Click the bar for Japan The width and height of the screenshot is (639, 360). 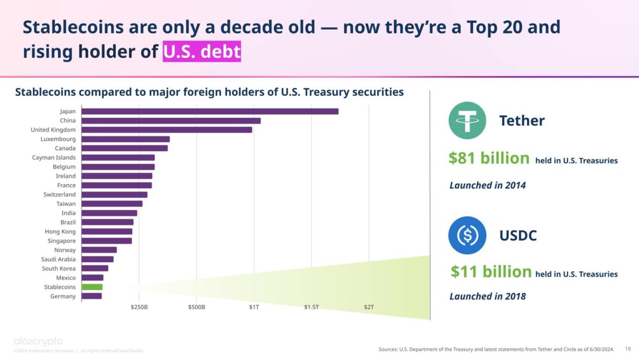[210, 112]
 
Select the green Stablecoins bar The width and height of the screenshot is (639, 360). [92, 287]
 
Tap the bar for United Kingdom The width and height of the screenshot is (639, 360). [167, 130]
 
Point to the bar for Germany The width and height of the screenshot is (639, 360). [92, 296]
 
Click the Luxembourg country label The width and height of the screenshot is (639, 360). [58, 139]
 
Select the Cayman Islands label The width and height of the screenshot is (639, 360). [54, 158]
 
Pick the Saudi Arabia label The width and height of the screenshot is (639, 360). [58, 260]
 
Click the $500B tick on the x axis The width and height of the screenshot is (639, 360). [197, 307]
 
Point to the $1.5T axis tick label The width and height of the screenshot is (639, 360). [311, 307]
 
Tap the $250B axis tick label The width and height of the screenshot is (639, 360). [139, 307]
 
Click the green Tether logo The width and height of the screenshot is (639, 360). [467, 120]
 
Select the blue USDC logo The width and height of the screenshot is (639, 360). [467, 235]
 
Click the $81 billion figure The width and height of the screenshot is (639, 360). [489, 158]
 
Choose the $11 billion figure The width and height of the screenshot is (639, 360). [491, 272]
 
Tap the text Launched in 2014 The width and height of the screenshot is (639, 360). [487, 186]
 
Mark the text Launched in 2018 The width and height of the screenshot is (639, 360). [487, 297]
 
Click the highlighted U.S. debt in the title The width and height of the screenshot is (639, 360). [202, 51]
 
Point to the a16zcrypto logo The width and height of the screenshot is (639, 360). [38, 342]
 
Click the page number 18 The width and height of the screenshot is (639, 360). [628, 349]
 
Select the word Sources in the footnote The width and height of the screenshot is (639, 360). [388, 349]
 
